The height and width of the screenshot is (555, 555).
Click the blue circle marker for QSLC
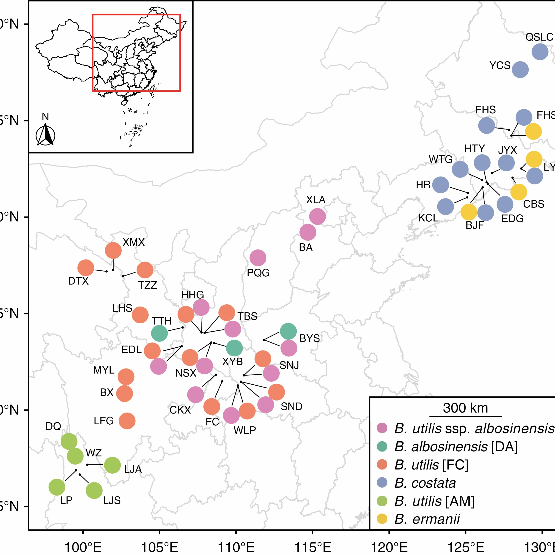point(540,52)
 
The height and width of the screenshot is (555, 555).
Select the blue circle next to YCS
point(520,70)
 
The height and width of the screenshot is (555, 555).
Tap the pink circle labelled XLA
point(317,217)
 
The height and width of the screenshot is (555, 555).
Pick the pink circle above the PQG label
point(258,258)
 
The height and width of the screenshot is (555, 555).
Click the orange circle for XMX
point(113,250)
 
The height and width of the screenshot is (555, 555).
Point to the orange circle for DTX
point(86,268)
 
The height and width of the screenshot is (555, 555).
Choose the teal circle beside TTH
point(159,333)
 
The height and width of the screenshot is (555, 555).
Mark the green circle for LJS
point(94,490)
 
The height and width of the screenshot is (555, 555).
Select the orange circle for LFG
point(127,421)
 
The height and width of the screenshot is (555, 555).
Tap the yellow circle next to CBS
point(519,192)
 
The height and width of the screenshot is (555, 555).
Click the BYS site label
point(309,338)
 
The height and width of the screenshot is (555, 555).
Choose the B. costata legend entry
point(425,483)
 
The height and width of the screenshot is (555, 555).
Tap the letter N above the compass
point(45,117)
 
